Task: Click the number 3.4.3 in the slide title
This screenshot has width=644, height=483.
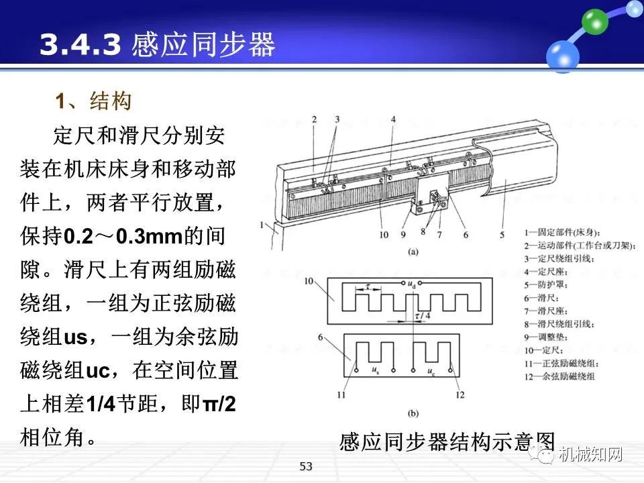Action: tap(80, 45)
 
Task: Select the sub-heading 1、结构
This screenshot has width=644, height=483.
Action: tap(93, 102)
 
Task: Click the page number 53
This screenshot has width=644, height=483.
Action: tap(306, 466)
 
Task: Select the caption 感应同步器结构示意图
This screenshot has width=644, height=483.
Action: tap(447, 443)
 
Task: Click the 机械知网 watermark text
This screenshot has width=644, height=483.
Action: tap(590, 455)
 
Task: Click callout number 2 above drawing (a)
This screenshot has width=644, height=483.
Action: tap(313, 119)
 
